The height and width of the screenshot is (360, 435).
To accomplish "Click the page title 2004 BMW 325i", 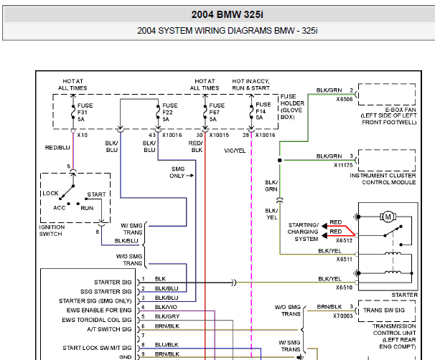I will tap(217, 14).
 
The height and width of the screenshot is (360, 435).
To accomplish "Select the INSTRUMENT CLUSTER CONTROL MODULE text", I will tap(383, 179).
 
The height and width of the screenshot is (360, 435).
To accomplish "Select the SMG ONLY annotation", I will tap(177, 171).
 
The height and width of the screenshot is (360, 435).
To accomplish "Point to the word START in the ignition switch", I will tap(97, 194).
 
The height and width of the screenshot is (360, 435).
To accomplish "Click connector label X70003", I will tap(344, 315).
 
